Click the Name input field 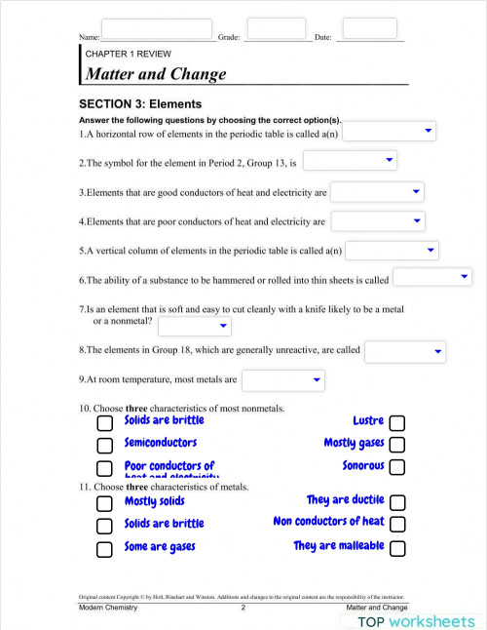(x=156, y=29)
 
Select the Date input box (x=369, y=28)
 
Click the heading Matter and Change (x=156, y=74)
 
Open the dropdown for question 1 (x=389, y=131)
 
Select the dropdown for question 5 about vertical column (x=393, y=251)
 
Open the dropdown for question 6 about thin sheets (x=431, y=278)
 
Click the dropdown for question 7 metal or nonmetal (x=195, y=327)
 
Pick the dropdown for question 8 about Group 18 (x=404, y=350)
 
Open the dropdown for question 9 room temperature (x=282, y=379)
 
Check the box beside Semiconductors (x=105, y=445)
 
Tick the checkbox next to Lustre (x=397, y=422)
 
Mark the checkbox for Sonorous (x=397, y=467)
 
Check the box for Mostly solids (x=105, y=503)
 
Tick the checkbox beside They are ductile (x=397, y=502)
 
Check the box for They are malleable (x=397, y=548)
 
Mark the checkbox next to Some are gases (x=105, y=548)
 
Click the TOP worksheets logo (x=416, y=620)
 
